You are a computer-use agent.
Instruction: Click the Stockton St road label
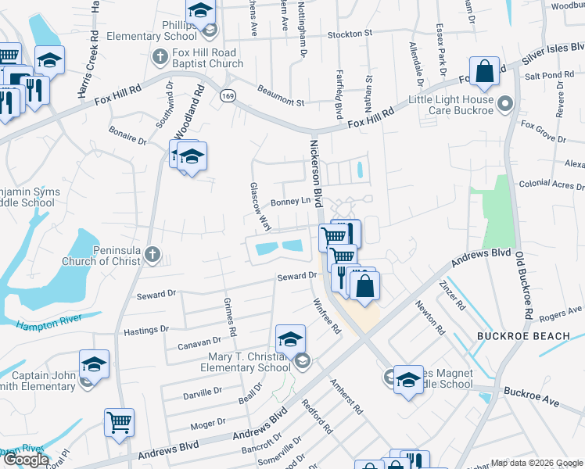pyautogui.click(x=350, y=34)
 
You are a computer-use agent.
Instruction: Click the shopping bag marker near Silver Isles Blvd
pyautogui.click(x=485, y=71)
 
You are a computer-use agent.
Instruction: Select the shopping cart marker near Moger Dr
pyautogui.click(x=119, y=422)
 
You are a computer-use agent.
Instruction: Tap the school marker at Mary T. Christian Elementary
pyautogui.click(x=290, y=338)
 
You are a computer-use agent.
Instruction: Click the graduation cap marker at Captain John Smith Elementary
pyautogui.click(x=94, y=363)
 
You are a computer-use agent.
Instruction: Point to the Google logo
pyautogui.click(x=26, y=460)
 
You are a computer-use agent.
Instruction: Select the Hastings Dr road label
pyautogui.click(x=146, y=330)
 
